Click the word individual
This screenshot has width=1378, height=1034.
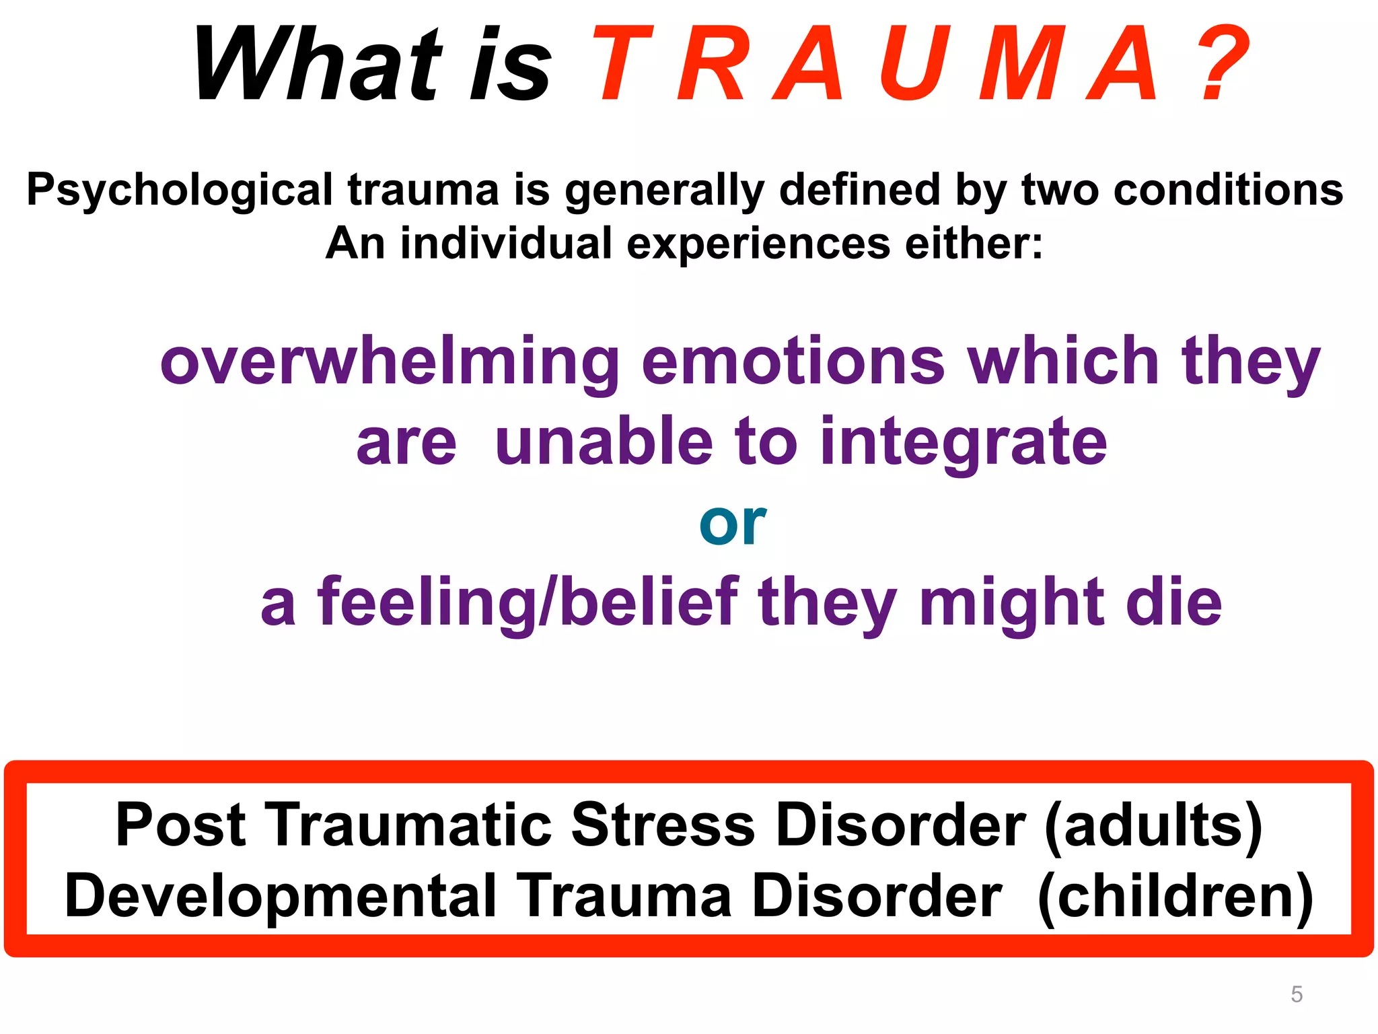coord(506,243)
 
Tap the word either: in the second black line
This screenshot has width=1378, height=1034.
coord(974,243)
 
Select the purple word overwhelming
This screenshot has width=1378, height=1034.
coord(390,363)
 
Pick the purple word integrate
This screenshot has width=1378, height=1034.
coord(964,443)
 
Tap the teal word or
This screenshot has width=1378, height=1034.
coord(732,524)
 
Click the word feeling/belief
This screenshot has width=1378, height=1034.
coord(528,602)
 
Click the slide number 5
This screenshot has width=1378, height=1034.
coord(1297,994)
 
